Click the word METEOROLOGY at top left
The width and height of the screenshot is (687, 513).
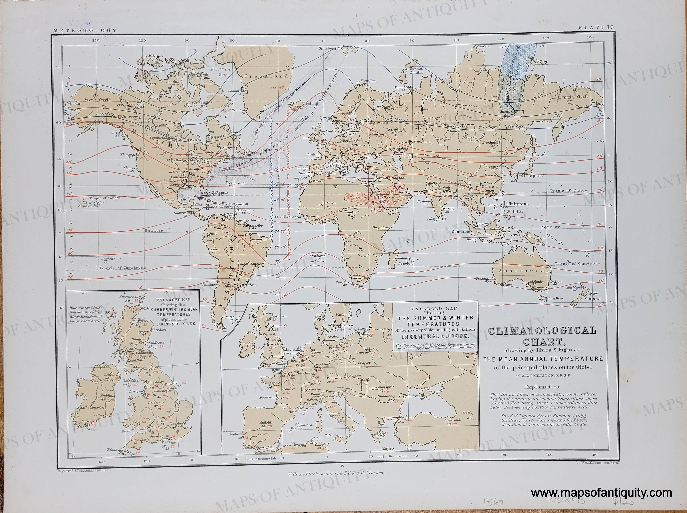tap(85, 30)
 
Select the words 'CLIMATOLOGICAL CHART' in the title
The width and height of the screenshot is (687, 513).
tap(541, 336)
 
